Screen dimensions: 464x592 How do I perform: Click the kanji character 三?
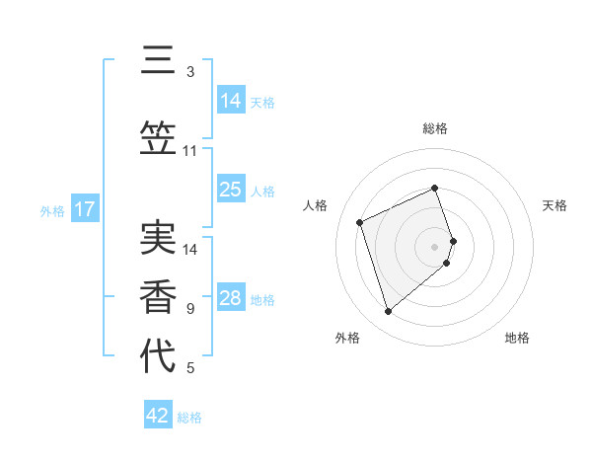(x=158, y=61)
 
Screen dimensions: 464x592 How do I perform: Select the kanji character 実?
(x=158, y=237)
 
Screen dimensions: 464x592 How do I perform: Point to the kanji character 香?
(x=158, y=296)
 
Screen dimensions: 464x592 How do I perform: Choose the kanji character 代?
(x=158, y=356)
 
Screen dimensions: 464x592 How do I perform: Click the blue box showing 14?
(x=231, y=101)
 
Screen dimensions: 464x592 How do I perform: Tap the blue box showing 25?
(x=231, y=190)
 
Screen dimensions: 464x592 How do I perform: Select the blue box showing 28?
(x=231, y=298)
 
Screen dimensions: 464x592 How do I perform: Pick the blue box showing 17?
(x=84, y=209)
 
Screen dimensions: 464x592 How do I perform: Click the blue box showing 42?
(x=158, y=416)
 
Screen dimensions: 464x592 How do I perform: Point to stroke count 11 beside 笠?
(x=190, y=151)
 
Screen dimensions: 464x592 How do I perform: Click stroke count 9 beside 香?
(x=190, y=309)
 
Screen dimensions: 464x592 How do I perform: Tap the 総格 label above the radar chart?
(x=435, y=128)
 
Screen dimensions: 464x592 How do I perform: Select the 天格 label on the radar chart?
(x=555, y=205)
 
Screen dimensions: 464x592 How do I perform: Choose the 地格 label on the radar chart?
(x=517, y=338)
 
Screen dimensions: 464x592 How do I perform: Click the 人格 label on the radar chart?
(x=316, y=205)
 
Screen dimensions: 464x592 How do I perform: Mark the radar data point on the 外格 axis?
(x=388, y=312)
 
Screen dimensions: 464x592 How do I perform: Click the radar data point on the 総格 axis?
(x=435, y=188)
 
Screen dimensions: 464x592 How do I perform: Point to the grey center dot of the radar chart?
(x=435, y=246)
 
